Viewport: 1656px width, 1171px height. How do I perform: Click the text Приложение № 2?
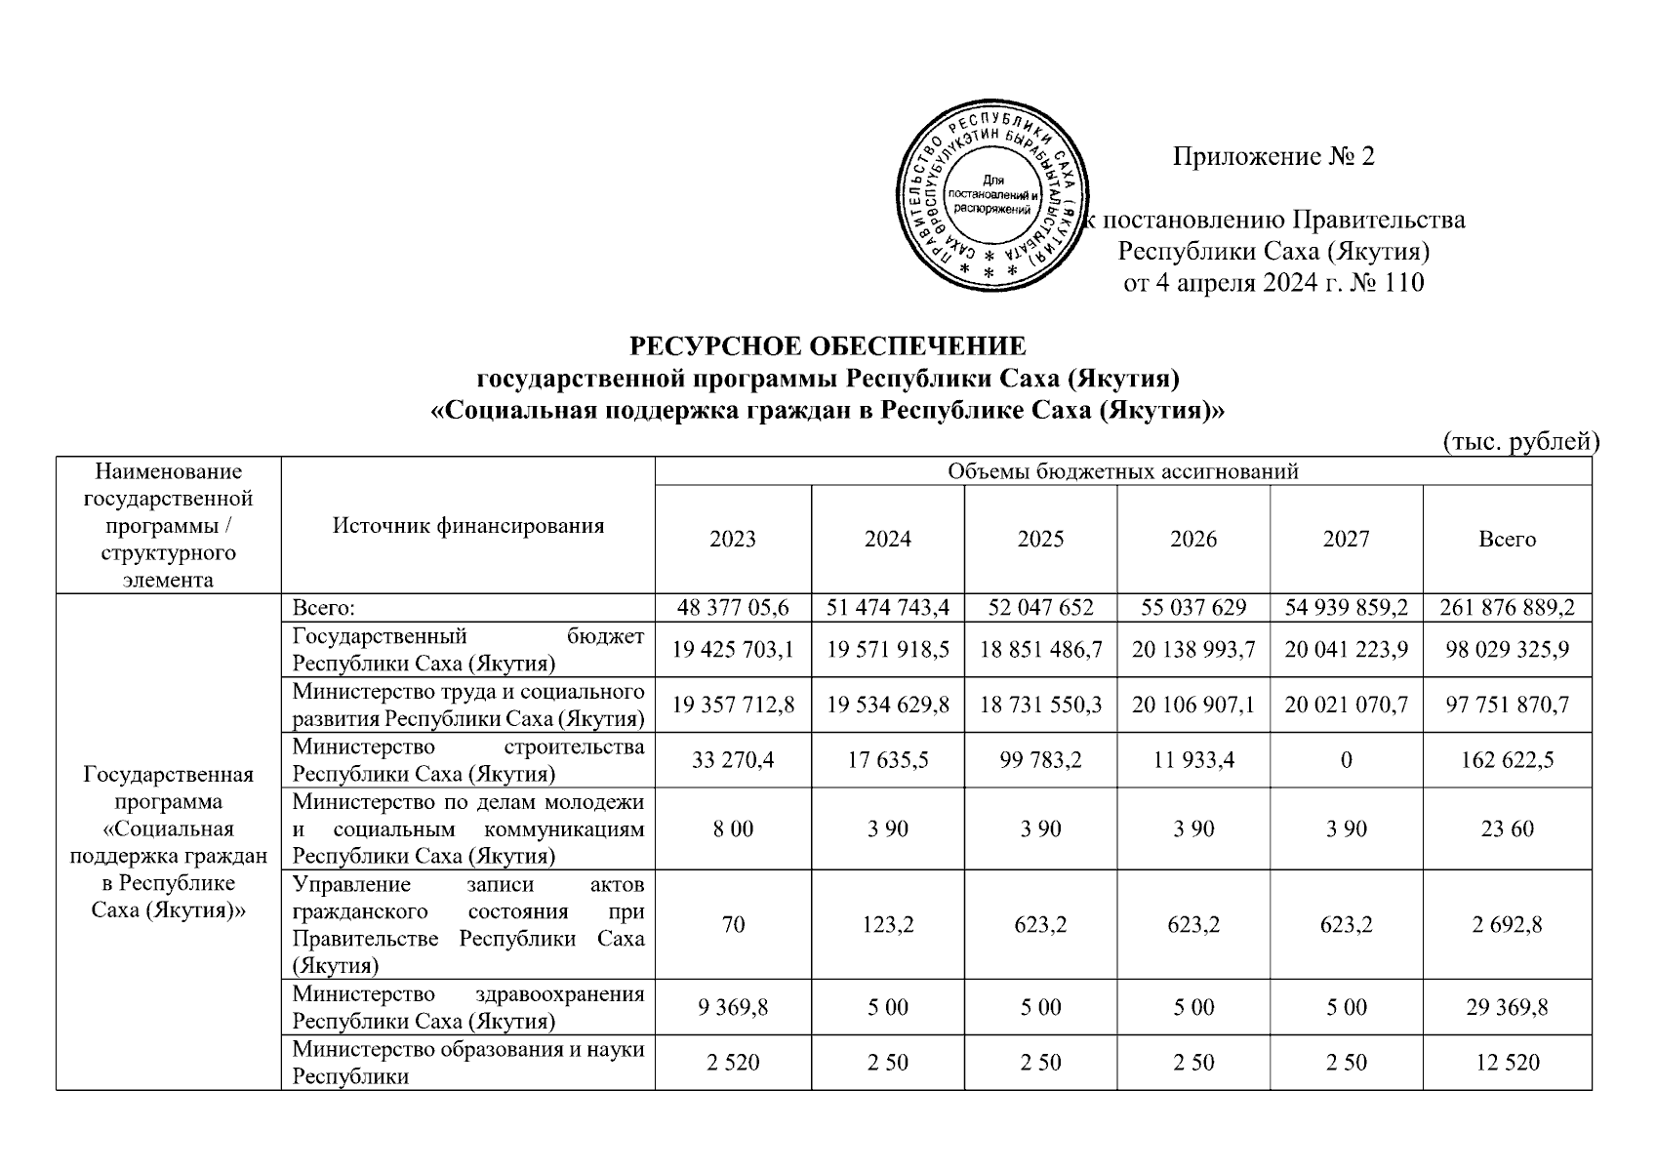(x=1272, y=157)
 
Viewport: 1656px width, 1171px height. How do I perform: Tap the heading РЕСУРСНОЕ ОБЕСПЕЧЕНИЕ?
(x=828, y=346)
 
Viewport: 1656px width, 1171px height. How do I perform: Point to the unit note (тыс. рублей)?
(x=1520, y=442)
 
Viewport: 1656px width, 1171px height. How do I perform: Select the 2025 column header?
(x=1040, y=540)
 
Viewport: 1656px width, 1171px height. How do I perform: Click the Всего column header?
(x=1507, y=540)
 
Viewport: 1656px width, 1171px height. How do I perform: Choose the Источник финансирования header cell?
(x=468, y=526)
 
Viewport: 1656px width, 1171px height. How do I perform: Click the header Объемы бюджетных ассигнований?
(x=1123, y=472)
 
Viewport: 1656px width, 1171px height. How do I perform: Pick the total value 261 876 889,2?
(x=1507, y=608)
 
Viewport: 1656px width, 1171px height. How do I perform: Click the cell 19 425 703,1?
(x=733, y=650)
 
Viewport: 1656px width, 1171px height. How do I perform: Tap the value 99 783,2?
(x=1040, y=760)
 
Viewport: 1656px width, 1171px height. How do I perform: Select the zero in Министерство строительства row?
(x=1346, y=760)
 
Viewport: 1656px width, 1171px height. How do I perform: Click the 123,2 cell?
(x=887, y=924)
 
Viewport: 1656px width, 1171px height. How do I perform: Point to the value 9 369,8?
(x=733, y=1007)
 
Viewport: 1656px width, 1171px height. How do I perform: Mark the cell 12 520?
(x=1507, y=1062)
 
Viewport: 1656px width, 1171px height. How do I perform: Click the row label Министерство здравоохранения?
(x=468, y=1007)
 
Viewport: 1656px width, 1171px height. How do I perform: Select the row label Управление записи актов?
(x=468, y=924)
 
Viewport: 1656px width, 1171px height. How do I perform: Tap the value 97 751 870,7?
(x=1507, y=705)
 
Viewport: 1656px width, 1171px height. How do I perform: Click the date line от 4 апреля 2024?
(x=1272, y=284)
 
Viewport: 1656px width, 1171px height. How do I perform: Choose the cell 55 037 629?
(x=1193, y=608)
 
